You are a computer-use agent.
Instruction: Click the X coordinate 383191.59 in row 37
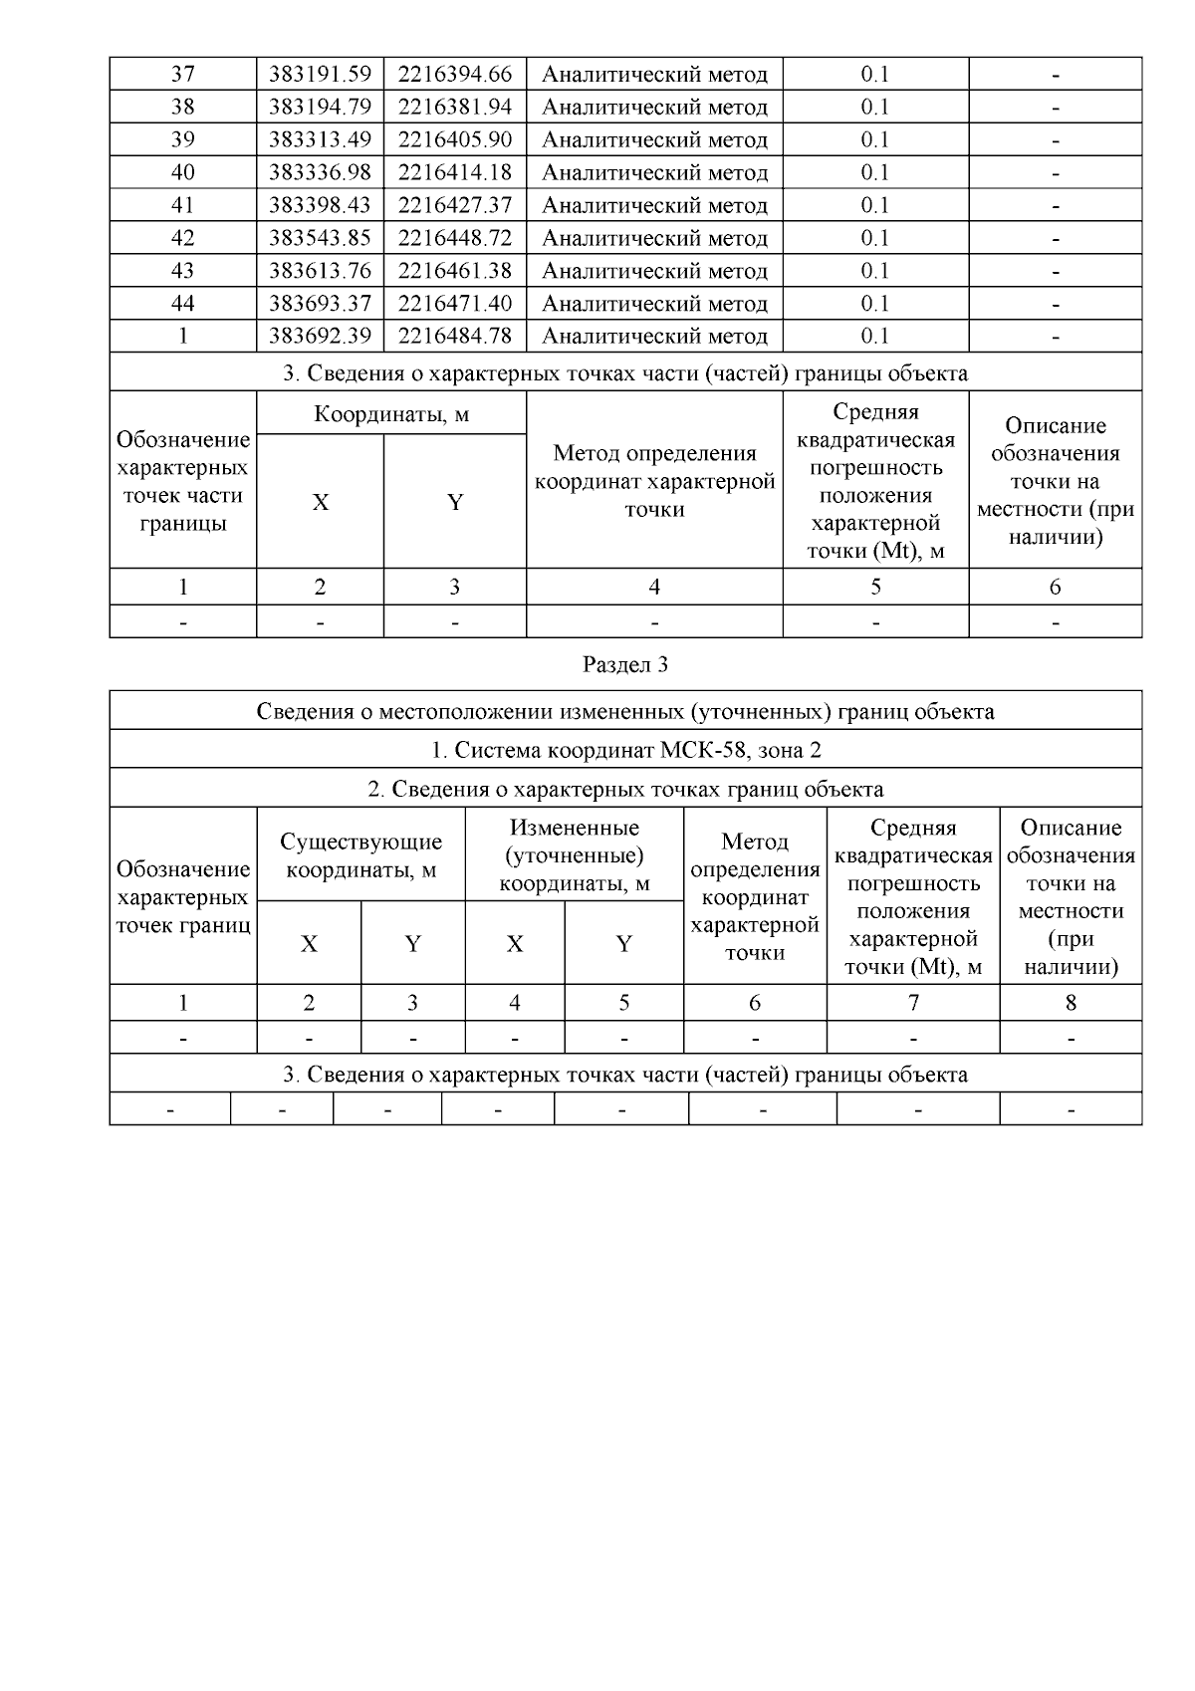click(320, 75)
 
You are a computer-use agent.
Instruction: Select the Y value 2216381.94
click(455, 108)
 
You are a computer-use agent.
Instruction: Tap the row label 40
click(183, 173)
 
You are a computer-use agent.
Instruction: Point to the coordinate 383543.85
click(320, 239)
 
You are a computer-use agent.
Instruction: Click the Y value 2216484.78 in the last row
click(455, 337)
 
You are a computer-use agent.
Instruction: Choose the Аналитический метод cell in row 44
click(654, 304)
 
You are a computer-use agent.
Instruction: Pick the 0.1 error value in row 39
click(875, 140)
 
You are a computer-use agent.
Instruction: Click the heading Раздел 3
click(624, 665)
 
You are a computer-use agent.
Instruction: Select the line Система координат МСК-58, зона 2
click(624, 750)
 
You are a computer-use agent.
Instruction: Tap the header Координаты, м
click(391, 414)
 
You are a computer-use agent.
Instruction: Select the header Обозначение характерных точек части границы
click(183, 482)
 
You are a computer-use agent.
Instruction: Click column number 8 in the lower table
click(1071, 1004)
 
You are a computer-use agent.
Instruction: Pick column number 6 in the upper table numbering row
click(1055, 588)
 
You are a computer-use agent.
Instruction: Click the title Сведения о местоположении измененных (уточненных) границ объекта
click(624, 712)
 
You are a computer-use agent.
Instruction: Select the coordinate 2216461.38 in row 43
click(455, 271)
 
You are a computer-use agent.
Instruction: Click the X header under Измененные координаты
click(514, 944)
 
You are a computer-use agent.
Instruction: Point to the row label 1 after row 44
click(183, 337)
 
